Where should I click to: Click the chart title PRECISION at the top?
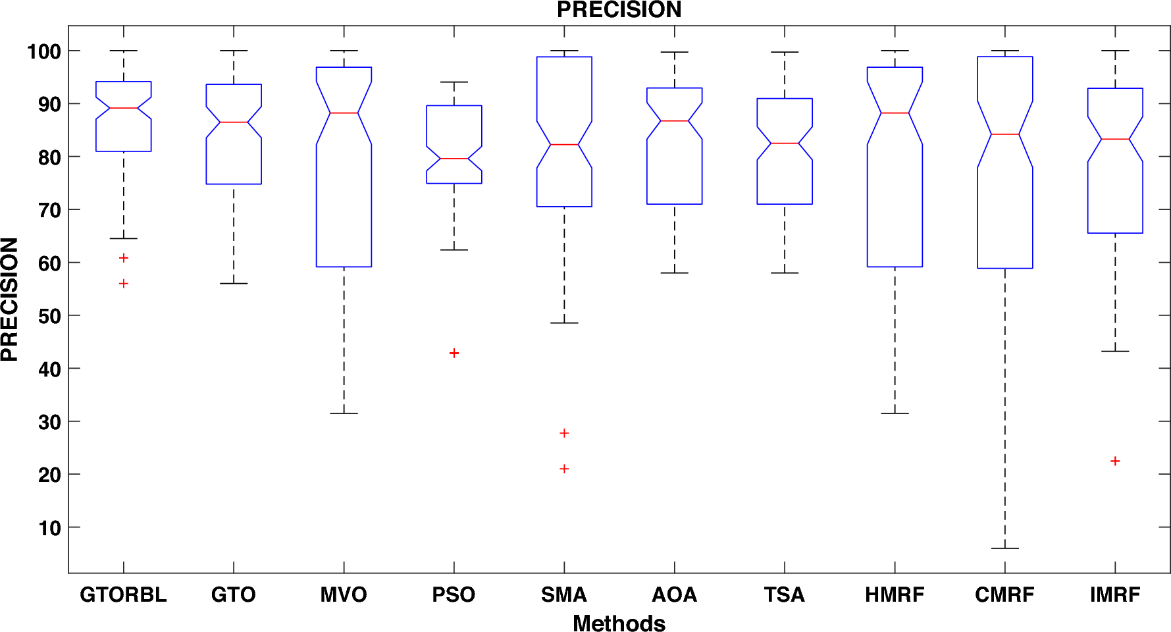click(619, 10)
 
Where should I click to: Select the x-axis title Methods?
click(619, 623)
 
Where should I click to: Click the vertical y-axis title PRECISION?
click(10, 300)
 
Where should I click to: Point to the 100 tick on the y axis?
click(44, 51)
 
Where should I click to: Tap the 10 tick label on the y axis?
click(49, 528)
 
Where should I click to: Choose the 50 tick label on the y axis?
click(49, 316)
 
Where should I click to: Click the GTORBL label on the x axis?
click(123, 594)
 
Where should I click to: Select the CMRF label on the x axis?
click(1004, 594)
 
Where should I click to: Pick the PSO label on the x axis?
click(454, 594)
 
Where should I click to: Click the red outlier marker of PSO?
click(454, 354)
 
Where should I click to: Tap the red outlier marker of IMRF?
click(1115, 461)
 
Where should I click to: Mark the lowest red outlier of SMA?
click(564, 469)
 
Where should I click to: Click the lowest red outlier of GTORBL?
click(123, 284)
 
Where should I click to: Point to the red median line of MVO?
click(344, 113)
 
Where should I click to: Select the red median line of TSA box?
click(785, 144)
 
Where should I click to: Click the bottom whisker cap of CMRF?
click(1004, 548)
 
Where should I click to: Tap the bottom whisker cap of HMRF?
click(895, 413)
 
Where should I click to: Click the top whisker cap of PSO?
click(454, 82)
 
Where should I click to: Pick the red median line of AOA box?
click(674, 121)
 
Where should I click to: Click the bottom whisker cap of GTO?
click(234, 284)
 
